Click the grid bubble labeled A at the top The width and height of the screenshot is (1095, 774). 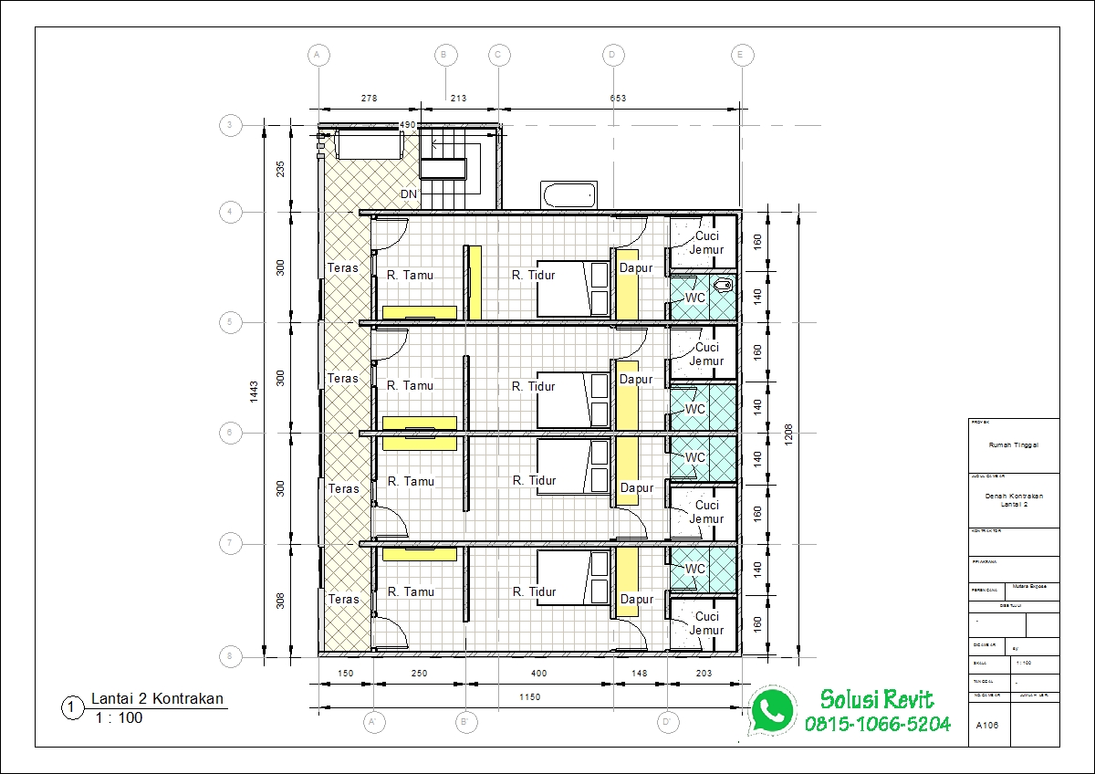[x=318, y=55]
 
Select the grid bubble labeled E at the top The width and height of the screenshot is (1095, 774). [x=742, y=55]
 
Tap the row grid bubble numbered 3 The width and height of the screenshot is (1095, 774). [x=230, y=126]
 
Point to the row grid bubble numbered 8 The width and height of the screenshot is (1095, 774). [x=230, y=655]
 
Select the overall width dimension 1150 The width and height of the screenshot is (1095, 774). [x=529, y=697]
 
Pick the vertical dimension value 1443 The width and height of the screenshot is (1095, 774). [x=255, y=390]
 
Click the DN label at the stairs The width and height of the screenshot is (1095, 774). [x=409, y=194]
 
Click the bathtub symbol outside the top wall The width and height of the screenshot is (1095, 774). [x=568, y=194]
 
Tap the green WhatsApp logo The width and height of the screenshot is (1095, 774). [x=771, y=711]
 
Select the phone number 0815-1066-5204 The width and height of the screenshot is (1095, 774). [x=877, y=724]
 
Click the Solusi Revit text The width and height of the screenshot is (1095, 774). [x=877, y=700]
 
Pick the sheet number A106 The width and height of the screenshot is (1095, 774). [x=986, y=727]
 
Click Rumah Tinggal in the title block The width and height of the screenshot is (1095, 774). [x=1013, y=445]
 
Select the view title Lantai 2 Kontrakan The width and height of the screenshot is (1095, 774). [x=157, y=699]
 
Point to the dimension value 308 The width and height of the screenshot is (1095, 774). [x=281, y=600]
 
